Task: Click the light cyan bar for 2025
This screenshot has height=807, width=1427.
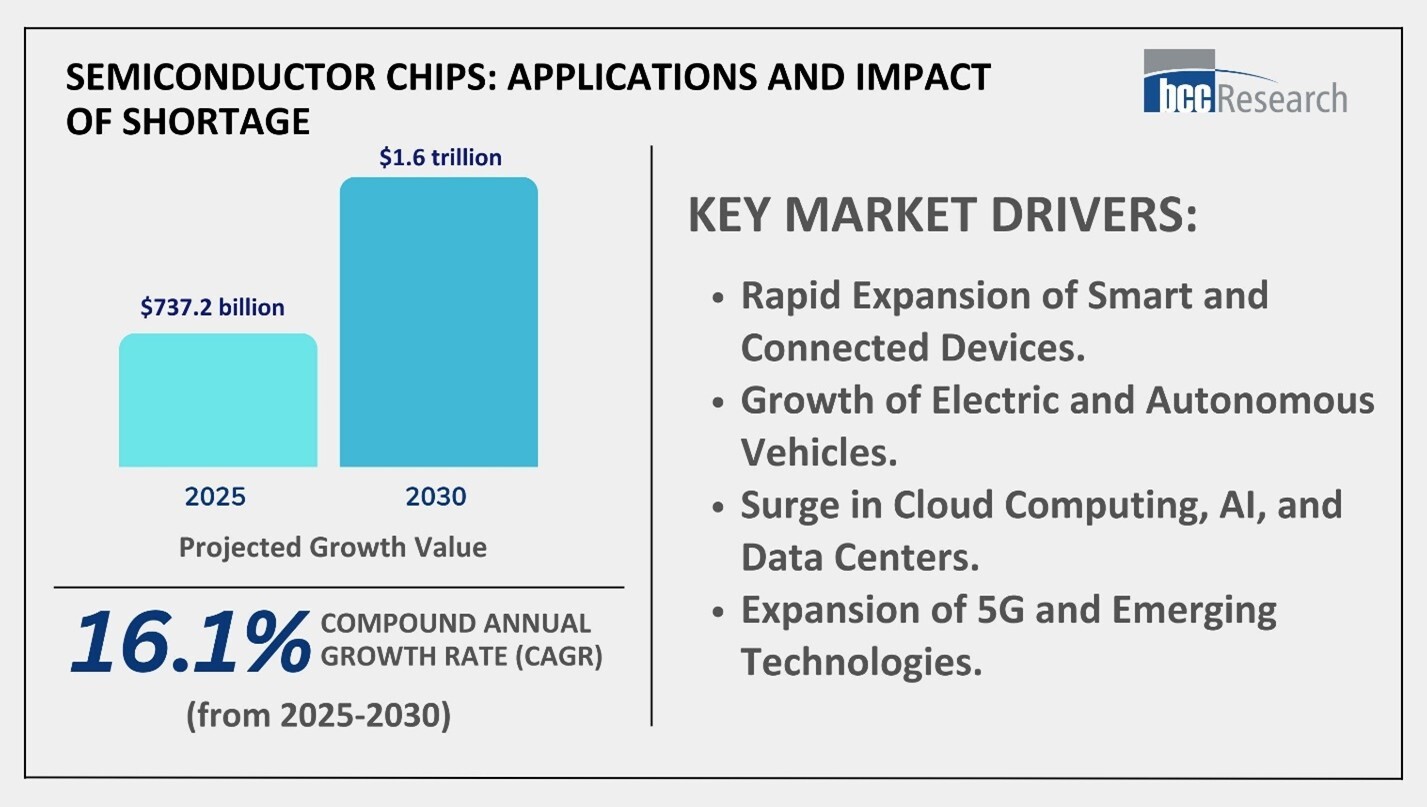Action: [x=218, y=400]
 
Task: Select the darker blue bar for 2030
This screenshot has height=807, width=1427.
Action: [x=438, y=322]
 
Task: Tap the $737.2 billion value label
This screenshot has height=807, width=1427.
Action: [x=211, y=307]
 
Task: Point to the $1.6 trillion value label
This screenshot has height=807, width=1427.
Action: [x=440, y=157]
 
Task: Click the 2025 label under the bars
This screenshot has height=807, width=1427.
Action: [x=214, y=497]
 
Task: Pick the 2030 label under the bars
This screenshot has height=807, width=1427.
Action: [x=437, y=497]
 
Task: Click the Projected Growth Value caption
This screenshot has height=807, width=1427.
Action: [x=333, y=548]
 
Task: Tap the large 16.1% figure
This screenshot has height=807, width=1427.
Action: [x=187, y=643]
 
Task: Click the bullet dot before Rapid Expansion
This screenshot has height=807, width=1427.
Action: [x=716, y=299]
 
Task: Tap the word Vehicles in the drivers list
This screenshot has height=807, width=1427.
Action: [x=817, y=452]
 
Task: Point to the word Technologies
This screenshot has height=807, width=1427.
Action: [x=860, y=662]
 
